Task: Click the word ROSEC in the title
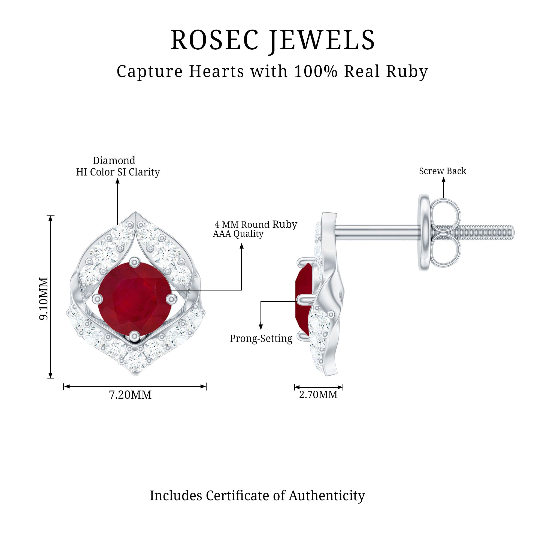[x=214, y=40]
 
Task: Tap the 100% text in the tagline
[x=315, y=71]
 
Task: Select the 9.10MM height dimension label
[x=44, y=298]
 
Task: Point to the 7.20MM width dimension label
[x=130, y=395]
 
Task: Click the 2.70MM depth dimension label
[x=318, y=394]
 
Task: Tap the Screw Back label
[x=442, y=171]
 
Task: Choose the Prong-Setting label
[x=261, y=338]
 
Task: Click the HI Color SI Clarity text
[x=118, y=172]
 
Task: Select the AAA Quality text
[x=238, y=234]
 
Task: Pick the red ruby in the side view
[x=304, y=299]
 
